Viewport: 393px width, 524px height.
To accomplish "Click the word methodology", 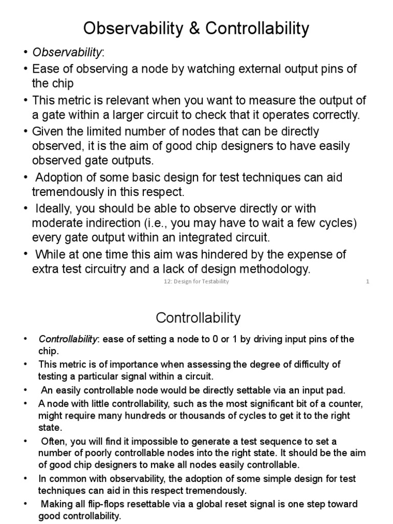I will (x=275, y=269).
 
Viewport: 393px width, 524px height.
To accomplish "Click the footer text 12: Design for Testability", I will (x=193, y=282).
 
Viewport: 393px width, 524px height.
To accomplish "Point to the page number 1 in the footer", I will (x=367, y=282).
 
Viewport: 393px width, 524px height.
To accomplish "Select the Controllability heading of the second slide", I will (x=198, y=318).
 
